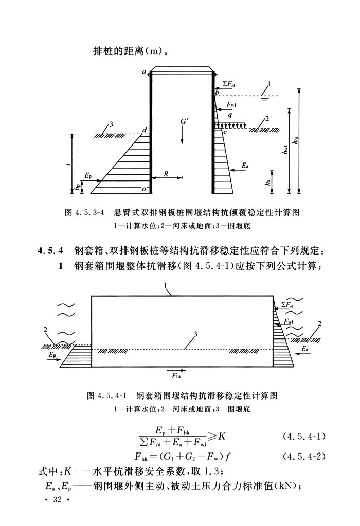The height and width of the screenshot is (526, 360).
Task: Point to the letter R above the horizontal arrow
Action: pos(166,174)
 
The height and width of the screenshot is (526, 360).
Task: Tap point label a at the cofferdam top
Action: pos(145,72)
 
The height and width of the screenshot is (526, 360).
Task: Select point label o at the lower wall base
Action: pos(145,189)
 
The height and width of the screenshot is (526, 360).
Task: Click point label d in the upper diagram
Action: pos(145,129)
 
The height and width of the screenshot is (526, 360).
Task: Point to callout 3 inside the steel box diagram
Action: pos(195,334)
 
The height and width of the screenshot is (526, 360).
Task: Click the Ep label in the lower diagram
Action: pos(52,355)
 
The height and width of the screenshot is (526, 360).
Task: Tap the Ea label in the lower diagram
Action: pos(305,349)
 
